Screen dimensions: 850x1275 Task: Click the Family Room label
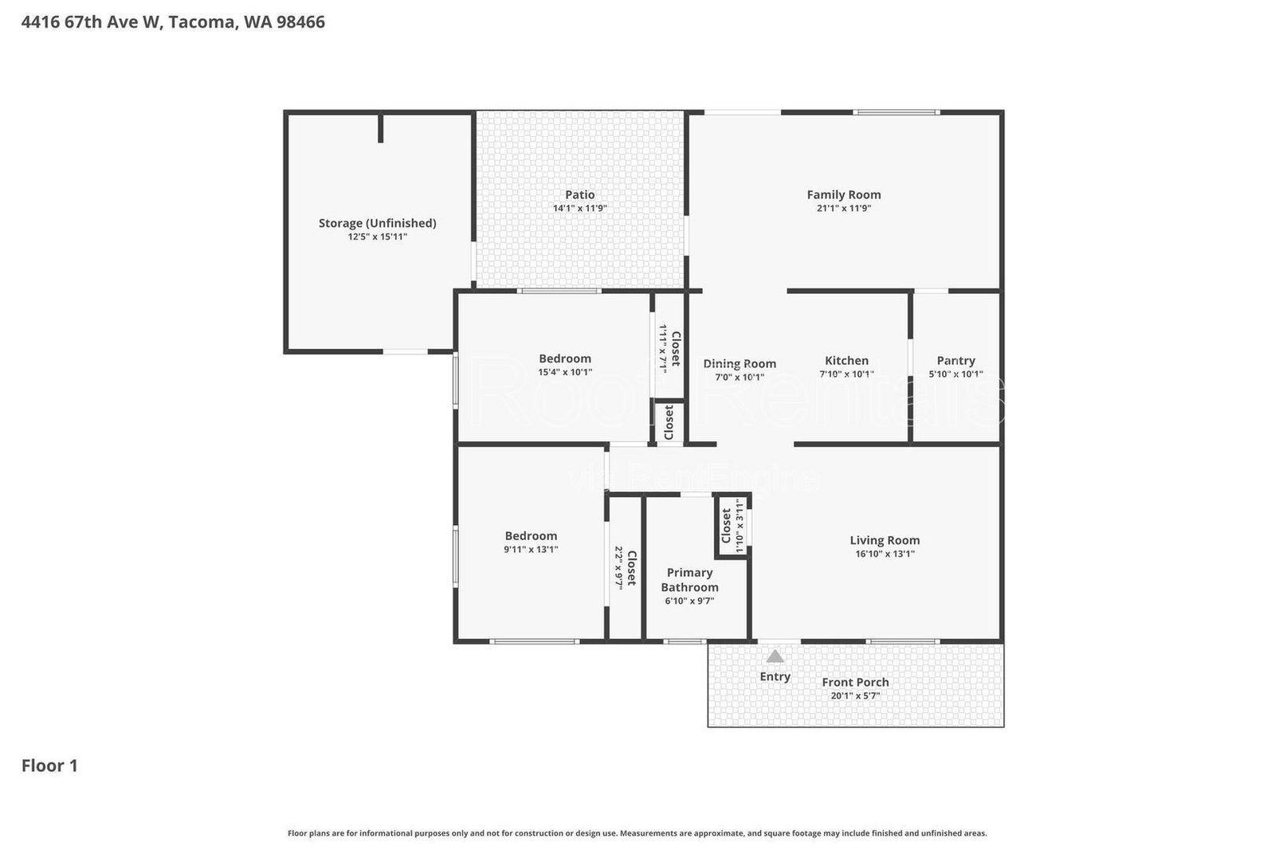(843, 194)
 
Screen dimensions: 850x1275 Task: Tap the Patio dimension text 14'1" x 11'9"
(580, 209)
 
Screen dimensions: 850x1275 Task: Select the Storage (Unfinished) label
(377, 223)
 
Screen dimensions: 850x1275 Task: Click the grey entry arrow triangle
(775, 656)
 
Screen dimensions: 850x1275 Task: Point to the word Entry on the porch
(775, 676)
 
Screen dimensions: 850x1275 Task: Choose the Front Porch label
(855, 682)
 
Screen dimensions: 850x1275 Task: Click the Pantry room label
(955, 360)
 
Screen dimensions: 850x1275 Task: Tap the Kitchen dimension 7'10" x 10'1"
(846, 374)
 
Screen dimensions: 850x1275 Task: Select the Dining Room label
(739, 363)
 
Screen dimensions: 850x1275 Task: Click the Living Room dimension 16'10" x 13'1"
(885, 554)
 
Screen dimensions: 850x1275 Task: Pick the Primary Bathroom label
(689, 579)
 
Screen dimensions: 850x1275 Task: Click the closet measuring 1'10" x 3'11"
(732, 527)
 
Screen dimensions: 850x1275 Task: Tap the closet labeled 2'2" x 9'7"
(625, 567)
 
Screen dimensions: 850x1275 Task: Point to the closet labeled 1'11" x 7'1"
(669, 348)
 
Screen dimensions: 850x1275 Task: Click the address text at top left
(173, 22)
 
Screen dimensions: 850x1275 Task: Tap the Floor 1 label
(49, 766)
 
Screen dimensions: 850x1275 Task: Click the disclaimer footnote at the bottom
(637, 833)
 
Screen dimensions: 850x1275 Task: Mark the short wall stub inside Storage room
(381, 128)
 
